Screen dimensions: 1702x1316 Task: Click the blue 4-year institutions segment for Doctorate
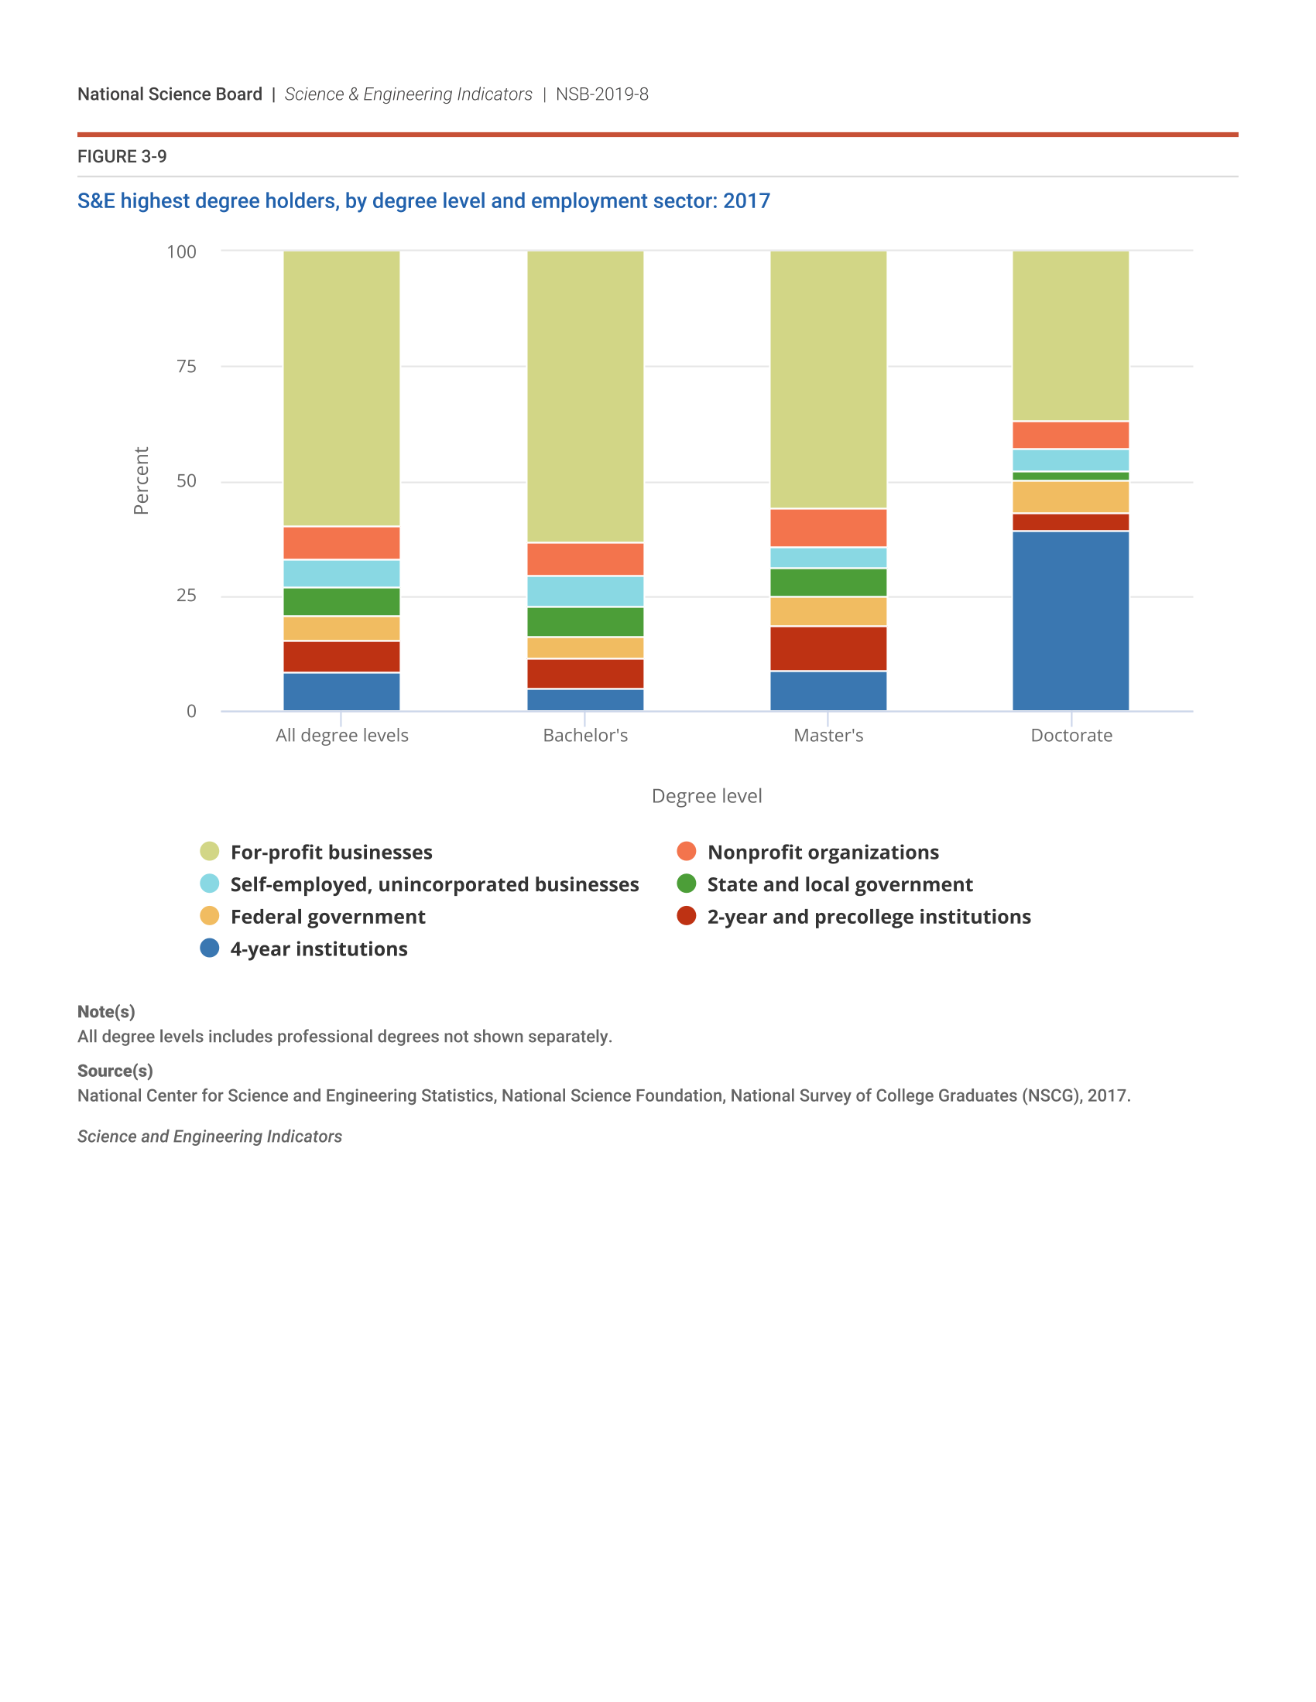1071,620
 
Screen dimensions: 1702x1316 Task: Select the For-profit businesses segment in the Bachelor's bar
584,396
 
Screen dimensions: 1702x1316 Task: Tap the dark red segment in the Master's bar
828,648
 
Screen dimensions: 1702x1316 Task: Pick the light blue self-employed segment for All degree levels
341,572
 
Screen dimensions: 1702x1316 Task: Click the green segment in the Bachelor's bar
584,621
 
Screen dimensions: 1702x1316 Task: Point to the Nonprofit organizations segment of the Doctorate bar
1071,435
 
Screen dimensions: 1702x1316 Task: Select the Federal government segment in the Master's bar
828,611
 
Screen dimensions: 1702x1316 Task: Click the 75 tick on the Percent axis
187,366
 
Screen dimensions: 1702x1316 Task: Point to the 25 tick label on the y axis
187,596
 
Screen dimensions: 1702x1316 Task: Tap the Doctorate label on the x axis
1071,735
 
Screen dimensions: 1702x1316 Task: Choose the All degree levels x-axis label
341,735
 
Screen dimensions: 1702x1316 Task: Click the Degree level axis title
706,795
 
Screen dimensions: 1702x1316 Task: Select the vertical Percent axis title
141,480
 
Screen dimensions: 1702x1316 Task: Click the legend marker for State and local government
686,883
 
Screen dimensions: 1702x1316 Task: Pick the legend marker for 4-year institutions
210,948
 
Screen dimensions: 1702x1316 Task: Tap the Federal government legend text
327,917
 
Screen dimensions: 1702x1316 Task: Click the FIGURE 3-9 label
122,156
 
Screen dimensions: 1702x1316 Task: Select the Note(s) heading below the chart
106,1012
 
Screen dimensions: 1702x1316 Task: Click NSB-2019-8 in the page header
601,94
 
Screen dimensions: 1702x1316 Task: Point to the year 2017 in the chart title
746,201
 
